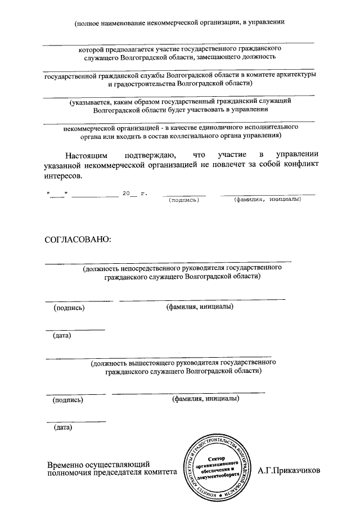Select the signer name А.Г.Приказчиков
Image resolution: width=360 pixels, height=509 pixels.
pos(289,470)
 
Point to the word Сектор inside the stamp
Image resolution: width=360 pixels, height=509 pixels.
pos(216,458)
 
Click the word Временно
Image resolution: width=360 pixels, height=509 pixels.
pos(67,465)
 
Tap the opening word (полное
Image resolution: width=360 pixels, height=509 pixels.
pos(88,22)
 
